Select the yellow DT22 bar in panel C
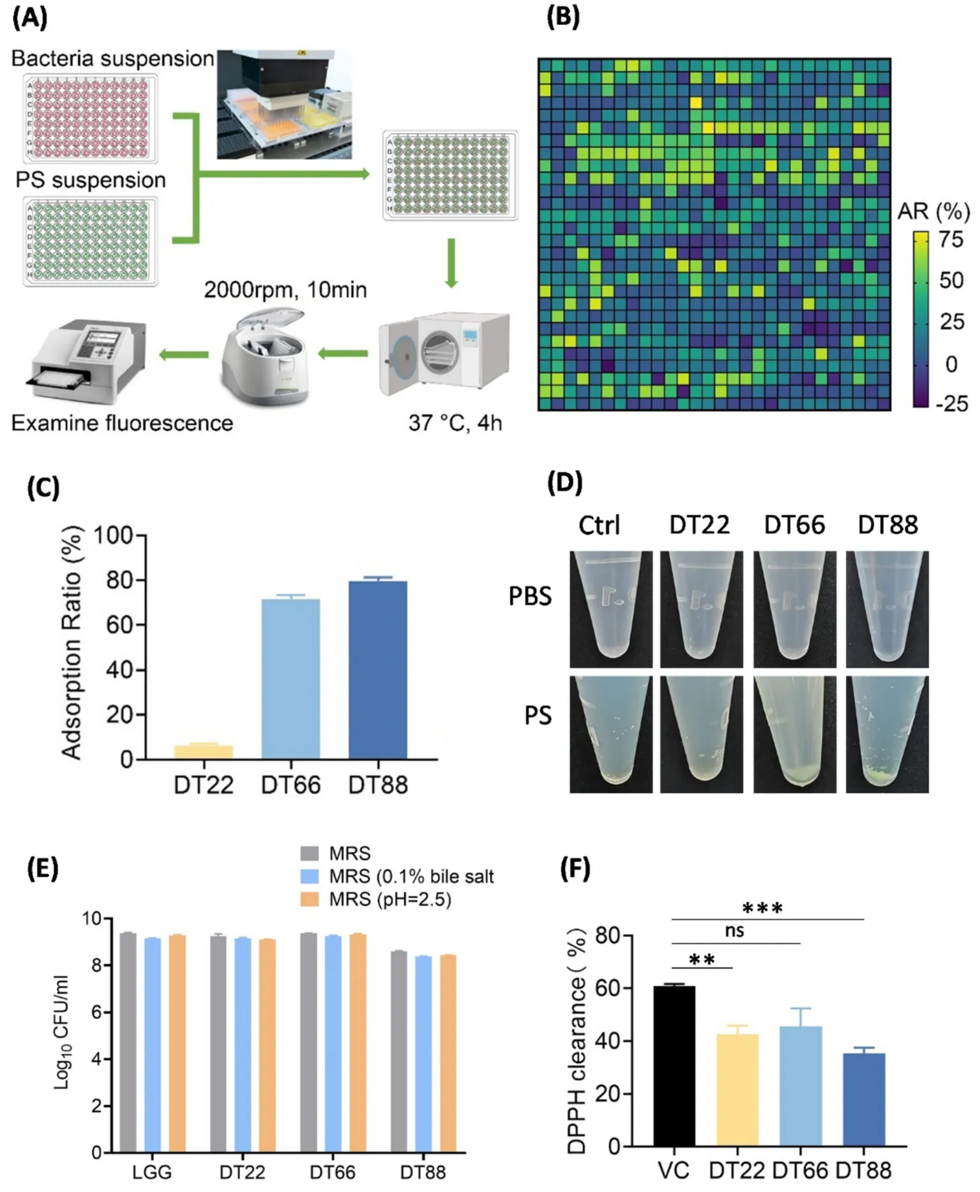[x=203, y=751]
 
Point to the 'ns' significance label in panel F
[x=734, y=930]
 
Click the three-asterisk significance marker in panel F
[x=762, y=909]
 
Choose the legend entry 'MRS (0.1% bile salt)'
[x=411, y=876]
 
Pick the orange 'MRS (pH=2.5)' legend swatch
[x=310, y=899]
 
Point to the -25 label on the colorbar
[x=951, y=404]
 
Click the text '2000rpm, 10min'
[x=285, y=290]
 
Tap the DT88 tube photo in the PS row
[x=887, y=734]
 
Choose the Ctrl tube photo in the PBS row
[x=611, y=609]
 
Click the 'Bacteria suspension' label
[x=112, y=59]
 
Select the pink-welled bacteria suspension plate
[x=91, y=118]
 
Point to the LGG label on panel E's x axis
[x=152, y=1172]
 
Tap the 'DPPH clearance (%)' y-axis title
[x=577, y=1041]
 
